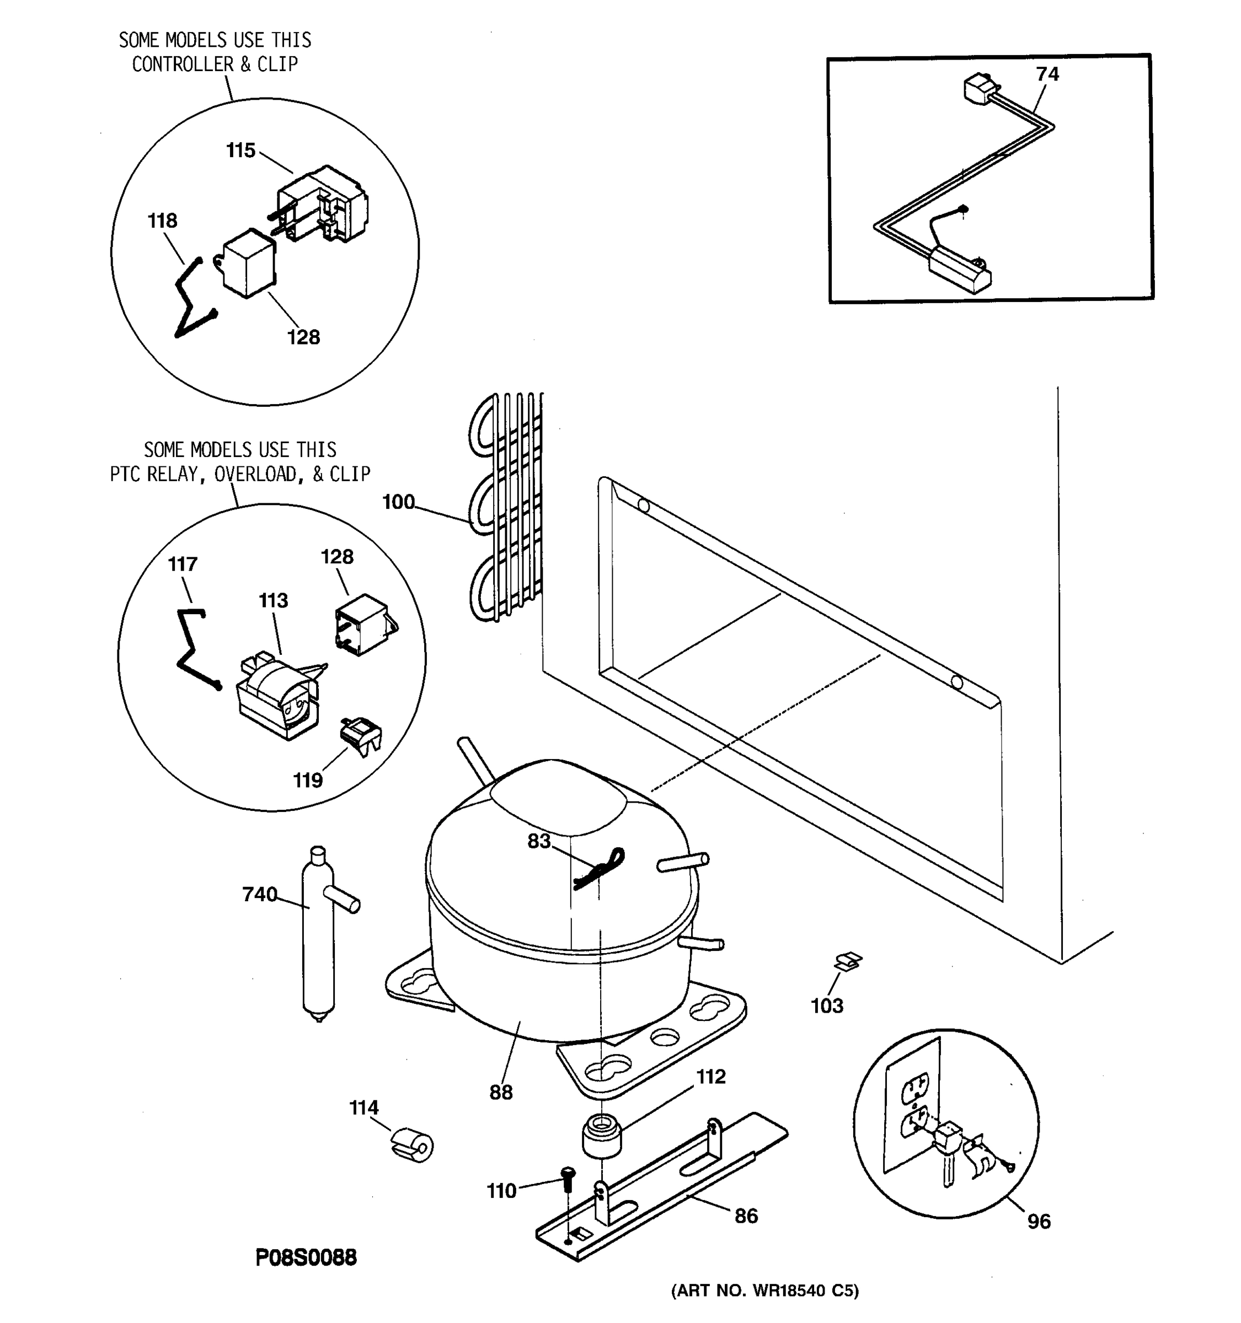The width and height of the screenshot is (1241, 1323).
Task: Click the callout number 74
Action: [x=1047, y=74]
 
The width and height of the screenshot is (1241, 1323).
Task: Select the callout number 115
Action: [x=240, y=150]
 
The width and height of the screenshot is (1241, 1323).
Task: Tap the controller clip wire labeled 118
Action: [x=189, y=299]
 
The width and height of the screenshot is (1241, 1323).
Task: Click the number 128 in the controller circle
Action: [x=303, y=337]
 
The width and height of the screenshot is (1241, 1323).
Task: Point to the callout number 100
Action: [x=398, y=502]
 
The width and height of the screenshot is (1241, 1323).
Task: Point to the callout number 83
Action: [x=539, y=841]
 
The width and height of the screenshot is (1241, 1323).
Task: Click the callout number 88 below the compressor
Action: [x=501, y=1092]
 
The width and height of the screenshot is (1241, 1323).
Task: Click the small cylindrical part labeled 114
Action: [x=413, y=1144]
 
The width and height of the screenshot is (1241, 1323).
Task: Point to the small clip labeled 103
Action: [x=848, y=961]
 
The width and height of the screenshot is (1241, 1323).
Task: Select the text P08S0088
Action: [x=306, y=1256]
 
